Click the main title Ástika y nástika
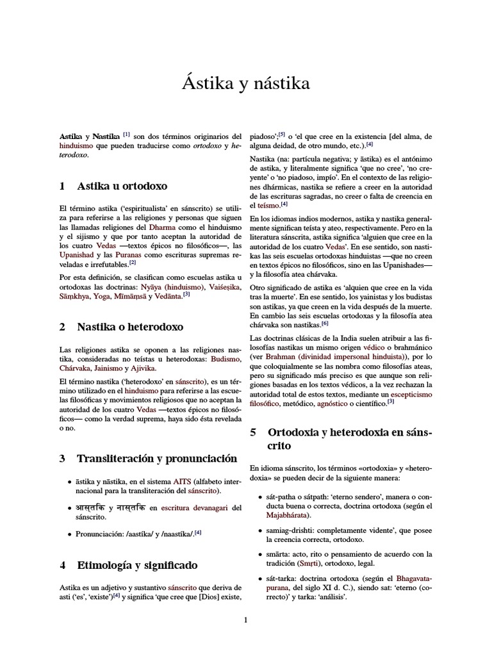[246, 84]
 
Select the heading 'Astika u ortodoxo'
[122, 186]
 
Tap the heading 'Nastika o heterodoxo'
[130, 327]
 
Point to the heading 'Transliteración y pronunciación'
[157, 458]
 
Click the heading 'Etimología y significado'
[137, 565]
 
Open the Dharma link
[161, 227]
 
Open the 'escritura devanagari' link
[195, 508]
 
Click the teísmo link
[268, 205]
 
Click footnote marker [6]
[325, 324]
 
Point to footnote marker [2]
[133, 262]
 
